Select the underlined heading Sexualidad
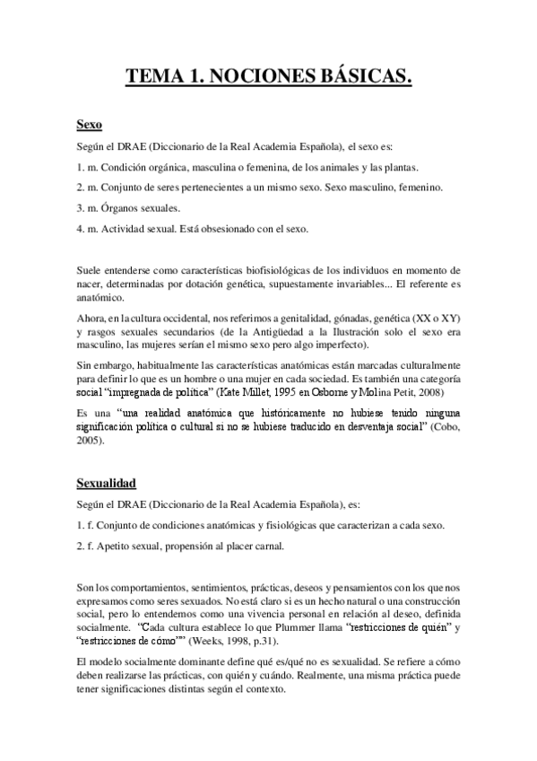pos(111,483)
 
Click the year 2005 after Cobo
pos(88,441)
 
